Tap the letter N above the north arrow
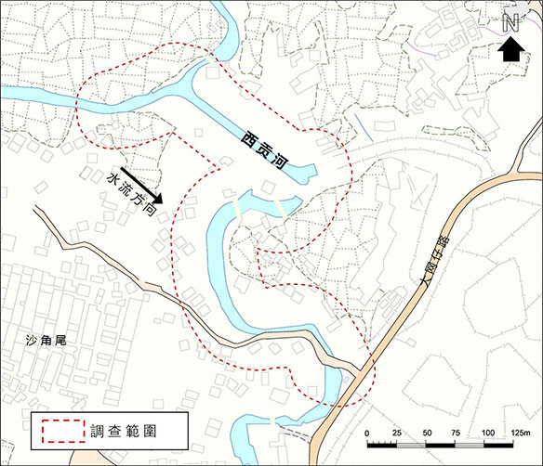(510, 23)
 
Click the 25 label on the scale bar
(398, 434)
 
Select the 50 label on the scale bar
(428, 434)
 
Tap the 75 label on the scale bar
(457, 434)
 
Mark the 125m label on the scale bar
(518, 434)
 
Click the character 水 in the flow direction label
(113, 180)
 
